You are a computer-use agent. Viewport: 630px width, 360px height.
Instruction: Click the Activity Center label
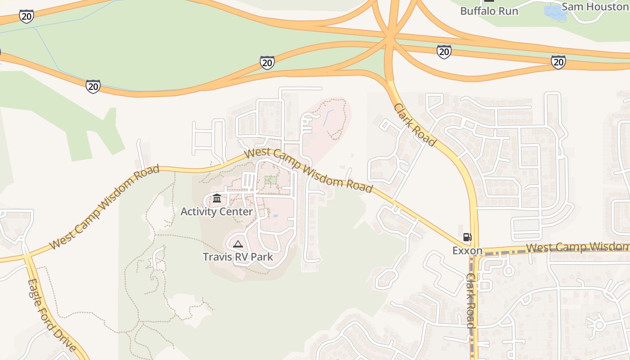click(216, 211)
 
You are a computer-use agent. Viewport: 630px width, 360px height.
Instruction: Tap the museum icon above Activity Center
click(217, 198)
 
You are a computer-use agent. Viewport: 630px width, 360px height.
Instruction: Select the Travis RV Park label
click(238, 257)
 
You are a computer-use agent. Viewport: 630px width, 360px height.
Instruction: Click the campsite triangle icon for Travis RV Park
click(238, 244)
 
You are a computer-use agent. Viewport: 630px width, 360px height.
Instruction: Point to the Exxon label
click(467, 251)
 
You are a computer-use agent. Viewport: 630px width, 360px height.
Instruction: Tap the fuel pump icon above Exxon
click(468, 237)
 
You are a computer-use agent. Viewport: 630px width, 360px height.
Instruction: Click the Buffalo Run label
click(489, 11)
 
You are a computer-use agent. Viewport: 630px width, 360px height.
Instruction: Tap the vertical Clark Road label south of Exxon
click(471, 301)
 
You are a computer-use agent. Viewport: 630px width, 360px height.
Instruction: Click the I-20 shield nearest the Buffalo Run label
click(444, 51)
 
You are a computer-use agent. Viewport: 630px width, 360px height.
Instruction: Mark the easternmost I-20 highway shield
click(558, 62)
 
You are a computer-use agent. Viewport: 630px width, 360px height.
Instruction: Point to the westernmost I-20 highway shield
click(27, 17)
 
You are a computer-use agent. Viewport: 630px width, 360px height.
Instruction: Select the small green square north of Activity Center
click(270, 180)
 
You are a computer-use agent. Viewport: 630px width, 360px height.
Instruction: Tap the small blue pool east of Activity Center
click(275, 216)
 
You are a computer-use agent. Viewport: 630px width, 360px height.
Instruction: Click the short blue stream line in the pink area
click(327, 117)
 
